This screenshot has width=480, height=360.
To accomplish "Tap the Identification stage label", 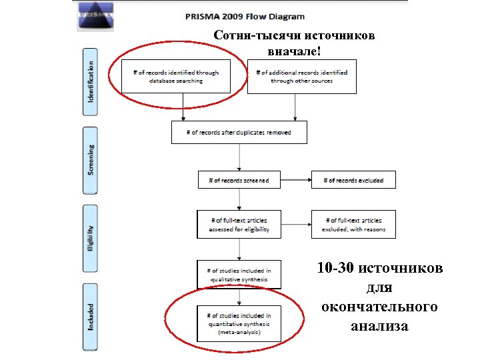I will click(90, 81).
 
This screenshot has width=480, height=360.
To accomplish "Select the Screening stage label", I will click(90, 160).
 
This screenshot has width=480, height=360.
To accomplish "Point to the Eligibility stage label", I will click(90, 238).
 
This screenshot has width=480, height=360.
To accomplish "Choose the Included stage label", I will click(90, 316).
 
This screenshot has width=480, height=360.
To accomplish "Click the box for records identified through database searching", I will click(175, 77).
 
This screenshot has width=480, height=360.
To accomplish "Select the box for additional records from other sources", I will click(301, 77).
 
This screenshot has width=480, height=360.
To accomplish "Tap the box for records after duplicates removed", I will click(239, 132).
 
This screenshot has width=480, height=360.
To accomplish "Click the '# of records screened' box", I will click(239, 180).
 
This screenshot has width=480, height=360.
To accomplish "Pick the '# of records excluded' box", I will click(353, 180).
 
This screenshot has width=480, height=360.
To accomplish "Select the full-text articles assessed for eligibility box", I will click(239, 225).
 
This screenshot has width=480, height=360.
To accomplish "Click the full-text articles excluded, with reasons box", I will click(353, 225).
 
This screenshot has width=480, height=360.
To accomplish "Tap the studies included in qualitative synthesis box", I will click(239, 275).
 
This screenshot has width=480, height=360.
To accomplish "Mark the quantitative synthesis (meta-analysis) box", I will click(239, 323).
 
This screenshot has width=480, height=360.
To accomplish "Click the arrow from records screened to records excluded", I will click(295, 180).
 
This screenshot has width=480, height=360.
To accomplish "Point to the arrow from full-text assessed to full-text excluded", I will click(295, 225).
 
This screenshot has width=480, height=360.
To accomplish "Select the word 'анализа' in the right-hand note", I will click(379, 326).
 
